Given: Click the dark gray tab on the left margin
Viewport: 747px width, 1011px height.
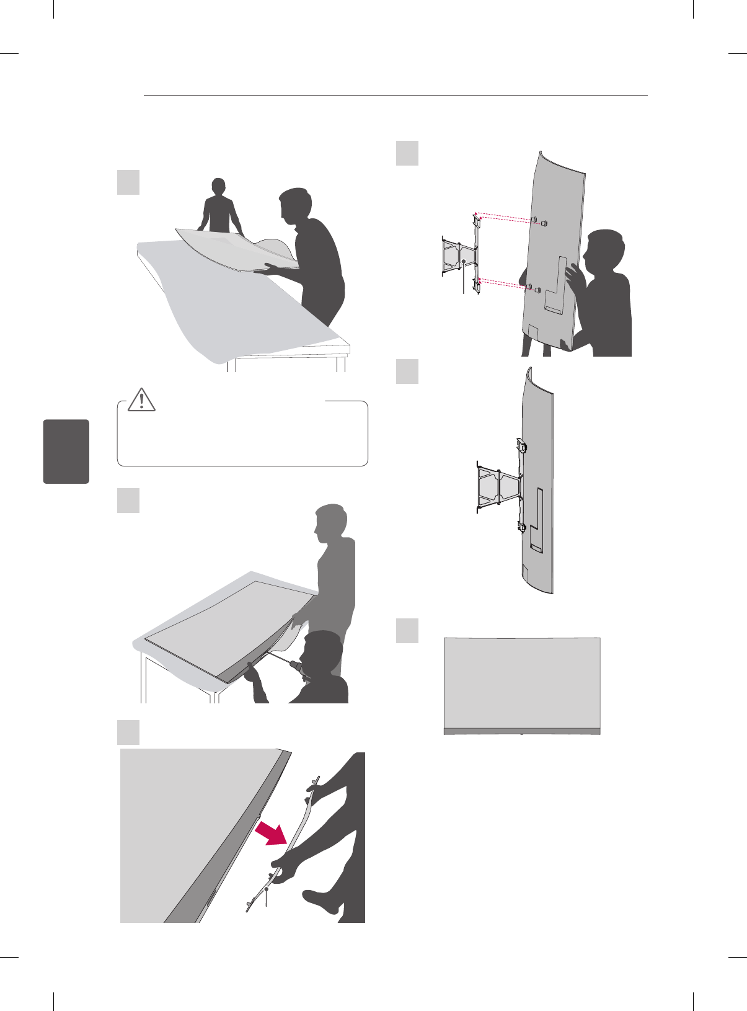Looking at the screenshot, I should [x=66, y=451].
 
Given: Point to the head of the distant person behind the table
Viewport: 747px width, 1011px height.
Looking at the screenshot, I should [x=218, y=186].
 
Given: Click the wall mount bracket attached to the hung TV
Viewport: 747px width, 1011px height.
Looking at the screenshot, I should [x=500, y=484].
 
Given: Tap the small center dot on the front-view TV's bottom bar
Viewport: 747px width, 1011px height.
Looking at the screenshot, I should [x=522, y=733].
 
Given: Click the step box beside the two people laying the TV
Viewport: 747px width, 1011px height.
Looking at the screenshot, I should [x=128, y=182].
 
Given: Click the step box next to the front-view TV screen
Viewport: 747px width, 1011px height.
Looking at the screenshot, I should [x=407, y=630].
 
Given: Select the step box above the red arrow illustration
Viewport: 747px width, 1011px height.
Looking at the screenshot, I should [x=128, y=732].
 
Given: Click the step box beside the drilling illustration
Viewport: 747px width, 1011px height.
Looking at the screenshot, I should [x=128, y=500].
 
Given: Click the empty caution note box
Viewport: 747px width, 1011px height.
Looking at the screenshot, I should [x=242, y=437].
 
